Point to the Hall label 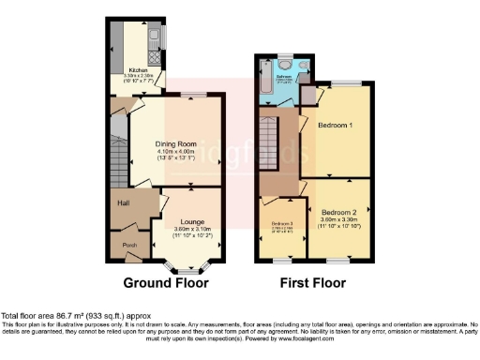(122, 202)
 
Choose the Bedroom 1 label (335, 125)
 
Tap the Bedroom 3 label (282, 223)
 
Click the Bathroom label (301, 77)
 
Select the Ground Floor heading (166, 282)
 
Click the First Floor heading (314, 282)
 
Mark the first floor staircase (271, 141)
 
